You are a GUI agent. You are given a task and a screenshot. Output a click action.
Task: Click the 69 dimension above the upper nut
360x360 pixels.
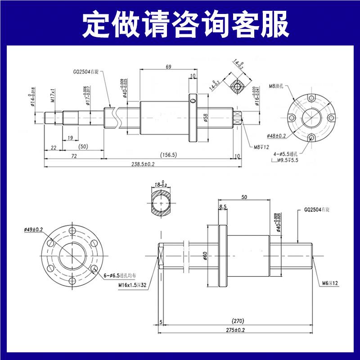(168, 67)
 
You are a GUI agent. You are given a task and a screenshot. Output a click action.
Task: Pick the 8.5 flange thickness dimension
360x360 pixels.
(223, 207)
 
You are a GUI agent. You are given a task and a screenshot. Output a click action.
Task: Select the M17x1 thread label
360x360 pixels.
(53, 96)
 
